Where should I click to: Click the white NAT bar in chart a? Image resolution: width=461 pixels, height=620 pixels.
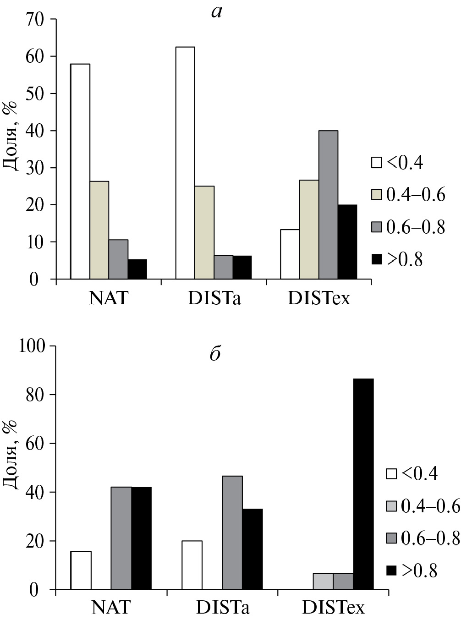pos(80,171)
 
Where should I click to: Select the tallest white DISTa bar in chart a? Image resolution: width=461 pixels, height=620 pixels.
pos(185,163)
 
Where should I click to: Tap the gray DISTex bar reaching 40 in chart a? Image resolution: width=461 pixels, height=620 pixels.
pos(328,205)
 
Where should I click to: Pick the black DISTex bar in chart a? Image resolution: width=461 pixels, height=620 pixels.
pos(347,242)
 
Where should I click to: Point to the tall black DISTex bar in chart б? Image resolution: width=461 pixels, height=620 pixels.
pos(363,484)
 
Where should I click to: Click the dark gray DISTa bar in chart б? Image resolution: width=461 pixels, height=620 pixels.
pos(232,532)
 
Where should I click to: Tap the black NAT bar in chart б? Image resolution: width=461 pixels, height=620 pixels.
pos(141,538)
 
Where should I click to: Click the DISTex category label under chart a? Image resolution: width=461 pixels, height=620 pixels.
pos(319,299)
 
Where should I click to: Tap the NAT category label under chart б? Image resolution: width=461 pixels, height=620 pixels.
pos(111,608)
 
